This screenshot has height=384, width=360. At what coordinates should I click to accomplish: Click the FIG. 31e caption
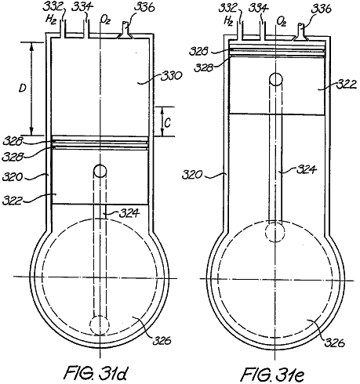pos(272,374)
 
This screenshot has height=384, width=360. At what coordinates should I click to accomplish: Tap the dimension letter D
pos(23,88)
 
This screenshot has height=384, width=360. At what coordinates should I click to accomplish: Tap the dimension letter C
pos(168,122)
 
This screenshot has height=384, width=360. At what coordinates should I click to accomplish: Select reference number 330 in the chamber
pos(171,76)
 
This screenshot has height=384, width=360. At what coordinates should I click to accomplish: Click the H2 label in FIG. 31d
pos(51,20)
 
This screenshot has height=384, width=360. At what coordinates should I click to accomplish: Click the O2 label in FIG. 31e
pos(282,21)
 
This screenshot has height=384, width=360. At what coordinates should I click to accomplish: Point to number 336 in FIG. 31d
pos(144,8)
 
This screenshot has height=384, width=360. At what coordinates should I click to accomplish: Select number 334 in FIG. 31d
pos(82,7)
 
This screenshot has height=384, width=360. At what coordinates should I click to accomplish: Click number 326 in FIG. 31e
pos(335,342)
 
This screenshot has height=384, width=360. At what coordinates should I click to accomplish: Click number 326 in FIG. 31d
pos(162,340)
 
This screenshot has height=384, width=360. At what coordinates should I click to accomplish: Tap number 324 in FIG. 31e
pos(307,170)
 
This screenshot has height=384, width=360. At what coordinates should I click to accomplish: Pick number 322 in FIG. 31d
pos(12,201)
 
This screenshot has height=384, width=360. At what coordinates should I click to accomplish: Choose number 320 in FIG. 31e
pos(192,174)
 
